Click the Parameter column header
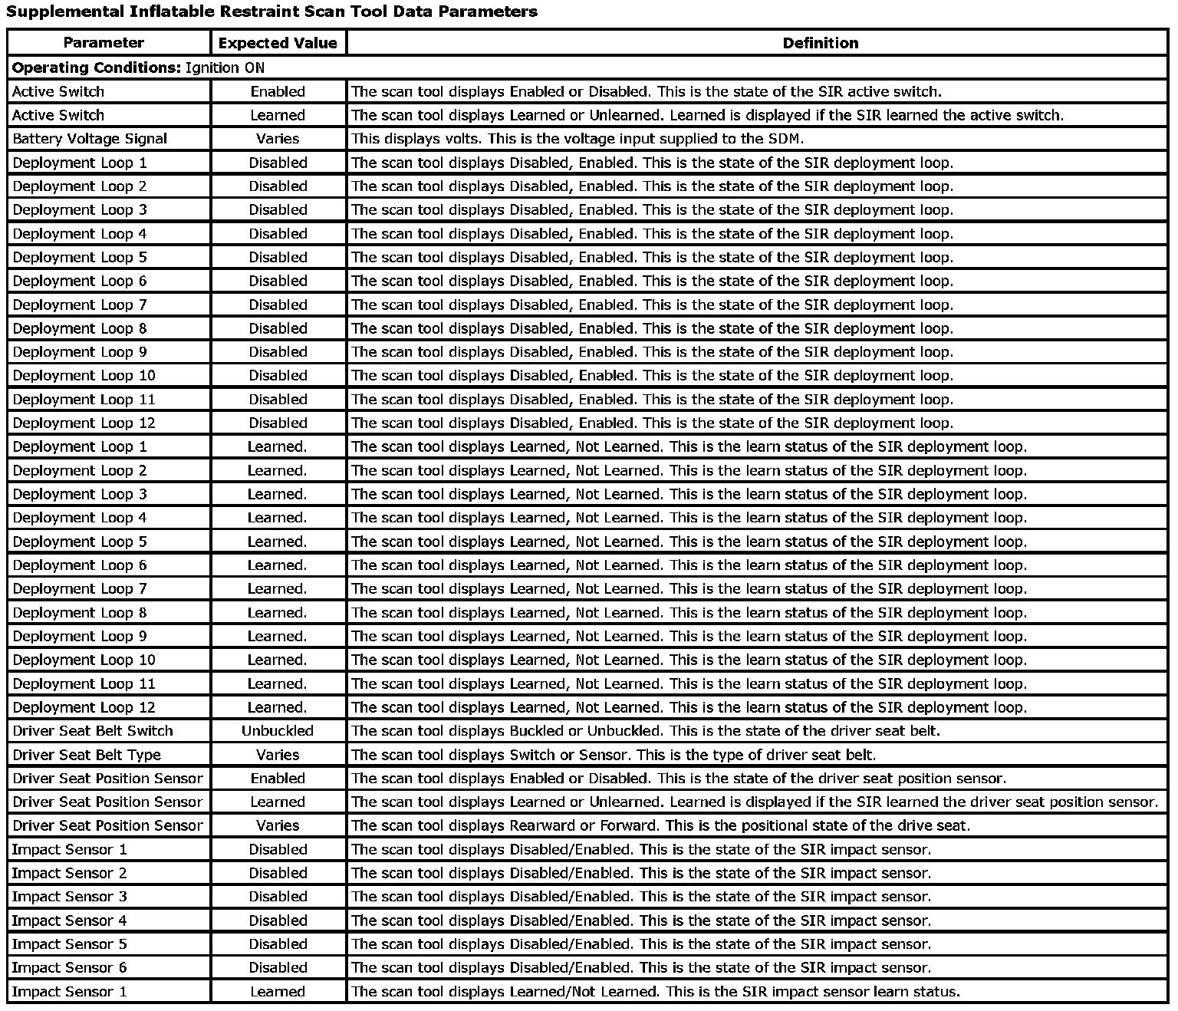[104, 43]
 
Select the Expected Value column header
[278, 43]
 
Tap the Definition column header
[820, 43]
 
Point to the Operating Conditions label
[97, 68]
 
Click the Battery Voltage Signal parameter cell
[90, 139]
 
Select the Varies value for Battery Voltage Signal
[278, 139]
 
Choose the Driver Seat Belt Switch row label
[93, 731]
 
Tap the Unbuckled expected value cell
[278, 731]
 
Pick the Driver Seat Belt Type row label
[87, 755]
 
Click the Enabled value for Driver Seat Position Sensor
[278, 779]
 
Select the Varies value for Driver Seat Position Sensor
[278, 825]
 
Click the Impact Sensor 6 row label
[70, 968]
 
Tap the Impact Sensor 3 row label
[70, 897]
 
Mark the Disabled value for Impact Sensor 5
[278, 944]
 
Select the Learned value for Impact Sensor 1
[278, 992]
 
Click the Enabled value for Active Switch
[278, 91]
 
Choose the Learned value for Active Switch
[278, 115]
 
